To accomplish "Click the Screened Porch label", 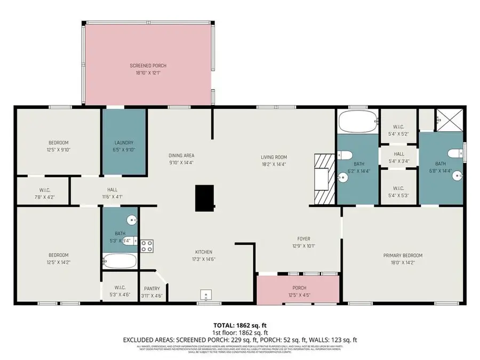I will point(145,66).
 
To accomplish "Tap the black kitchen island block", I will point(203,198).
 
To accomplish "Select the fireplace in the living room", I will point(323,179).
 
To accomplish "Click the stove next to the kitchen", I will point(147,246).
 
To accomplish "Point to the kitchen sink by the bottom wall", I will point(206,294).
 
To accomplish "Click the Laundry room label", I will point(124,142).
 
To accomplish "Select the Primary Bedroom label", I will point(403,255).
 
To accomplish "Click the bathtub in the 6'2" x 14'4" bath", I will point(357,122).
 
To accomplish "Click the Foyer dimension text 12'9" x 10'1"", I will point(303,246).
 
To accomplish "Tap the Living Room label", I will point(274,157).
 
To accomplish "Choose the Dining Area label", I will point(181,155).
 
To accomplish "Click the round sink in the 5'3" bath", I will point(131,220).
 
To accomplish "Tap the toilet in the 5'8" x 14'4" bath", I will point(454,154).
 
